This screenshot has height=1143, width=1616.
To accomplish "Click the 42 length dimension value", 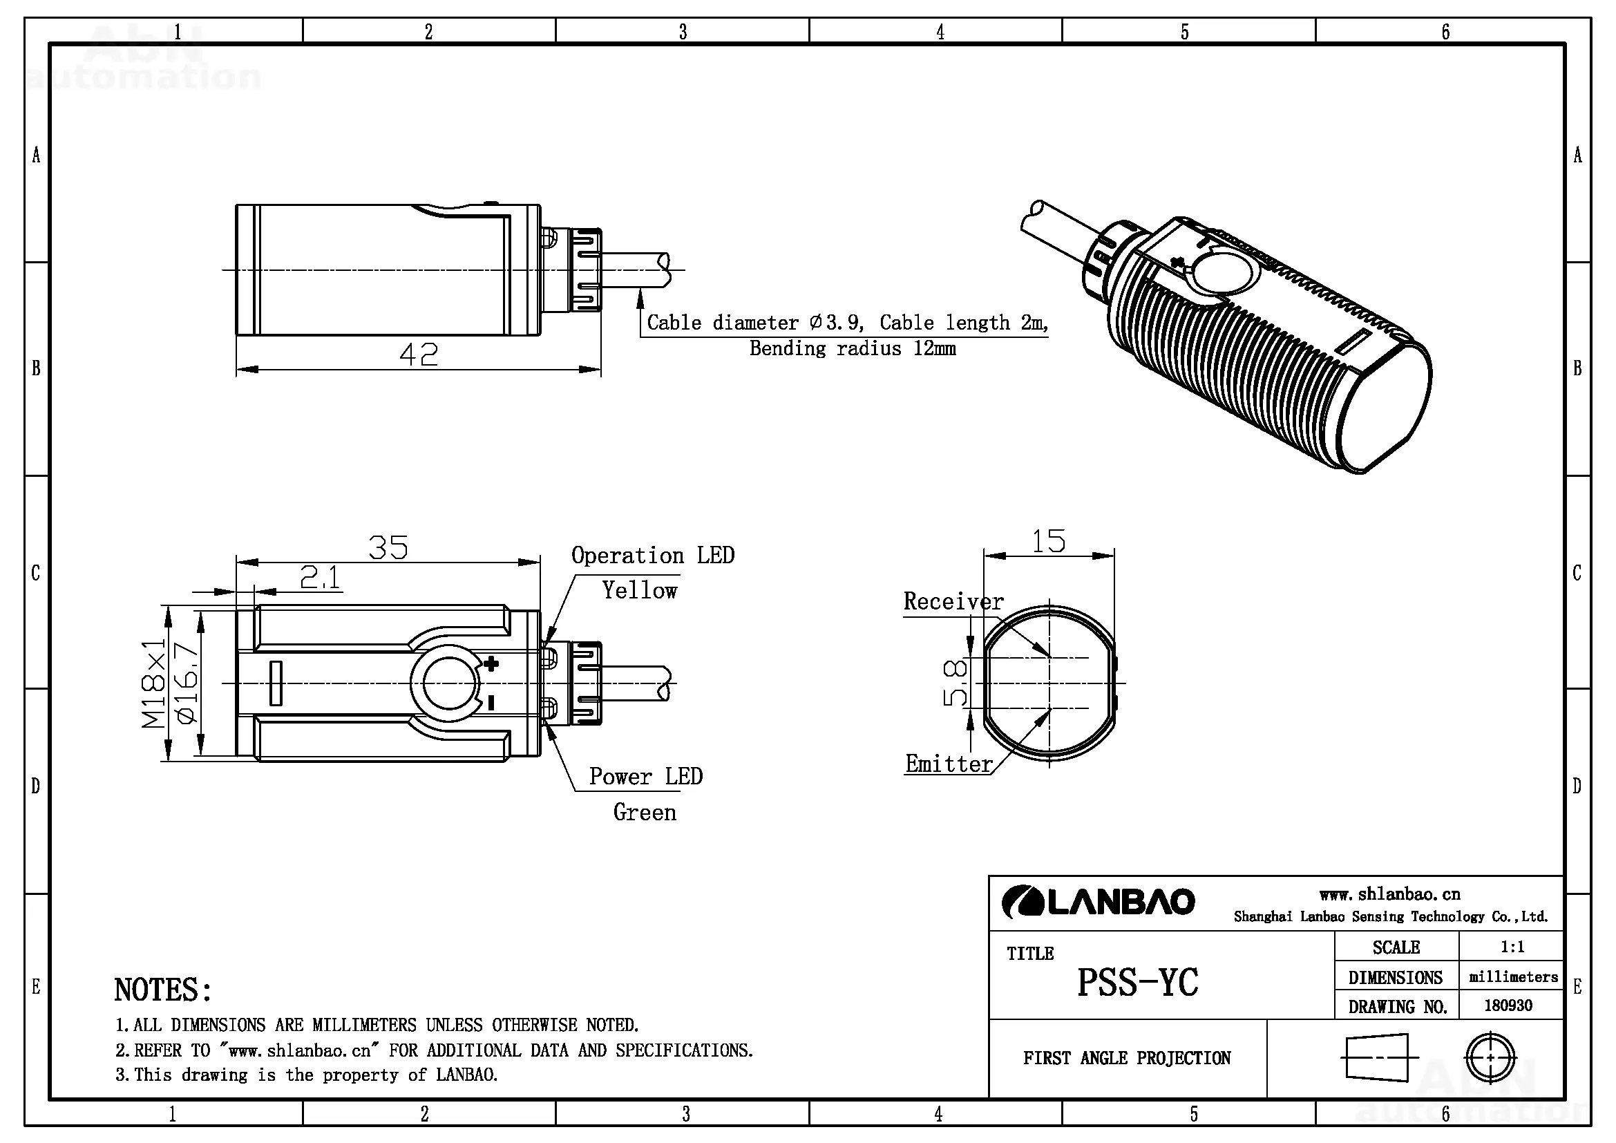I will coord(418,354).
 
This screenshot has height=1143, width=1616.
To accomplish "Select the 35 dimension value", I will coord(388,547).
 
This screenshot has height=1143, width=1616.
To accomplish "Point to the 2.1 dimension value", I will coord(321,578).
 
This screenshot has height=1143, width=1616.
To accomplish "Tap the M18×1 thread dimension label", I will coord(153,683).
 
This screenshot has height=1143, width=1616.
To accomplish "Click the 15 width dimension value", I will coord(1049,541).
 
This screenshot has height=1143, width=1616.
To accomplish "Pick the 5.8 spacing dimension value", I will coord(955,683).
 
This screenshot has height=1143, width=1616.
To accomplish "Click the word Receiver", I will coord(953,601).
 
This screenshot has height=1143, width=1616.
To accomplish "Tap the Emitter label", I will coord(949,764).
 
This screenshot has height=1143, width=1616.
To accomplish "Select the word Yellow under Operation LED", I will coord(639,590).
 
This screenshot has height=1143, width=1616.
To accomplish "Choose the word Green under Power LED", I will coord(645,812).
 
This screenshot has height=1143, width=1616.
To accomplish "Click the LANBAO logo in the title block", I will coord(1098,903).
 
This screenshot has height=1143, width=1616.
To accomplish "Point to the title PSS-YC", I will coord(1137,982).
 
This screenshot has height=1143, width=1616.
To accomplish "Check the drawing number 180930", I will coord(1508,1005).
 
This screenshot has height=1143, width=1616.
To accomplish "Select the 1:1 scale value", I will coord(1512,947).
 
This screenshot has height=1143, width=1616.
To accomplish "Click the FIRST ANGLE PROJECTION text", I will coord(1127,1058).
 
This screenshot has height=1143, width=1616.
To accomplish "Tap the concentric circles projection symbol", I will coord(1490,1057).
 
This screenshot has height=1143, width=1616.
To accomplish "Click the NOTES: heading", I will coord(162,990).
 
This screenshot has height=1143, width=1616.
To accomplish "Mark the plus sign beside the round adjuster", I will coord(491,663).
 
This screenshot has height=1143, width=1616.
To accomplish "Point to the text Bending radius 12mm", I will coord(853,348).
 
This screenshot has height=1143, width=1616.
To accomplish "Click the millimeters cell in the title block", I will coord(1513,977).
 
